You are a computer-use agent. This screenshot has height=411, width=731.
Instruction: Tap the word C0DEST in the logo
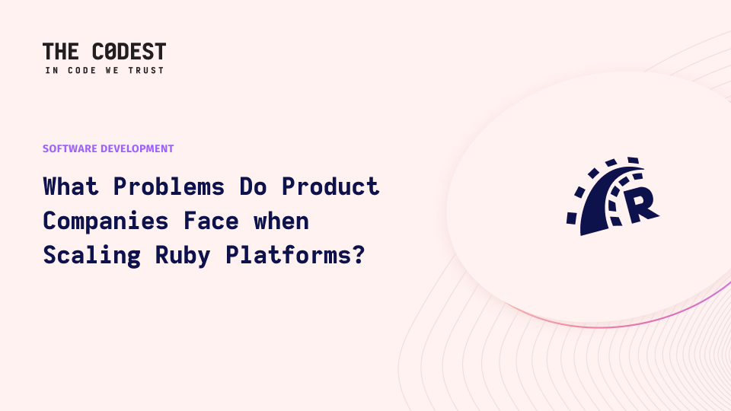coord(129,52)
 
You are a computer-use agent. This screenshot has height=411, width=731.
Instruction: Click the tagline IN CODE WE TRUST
coord(104,70)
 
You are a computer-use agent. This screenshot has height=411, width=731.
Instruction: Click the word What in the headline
coord(70,186)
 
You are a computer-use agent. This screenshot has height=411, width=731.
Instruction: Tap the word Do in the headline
coord(252,186)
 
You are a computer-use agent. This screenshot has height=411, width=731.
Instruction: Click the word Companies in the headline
coord(105,221)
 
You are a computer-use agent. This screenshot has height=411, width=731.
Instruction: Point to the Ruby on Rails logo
coord(612,196)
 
